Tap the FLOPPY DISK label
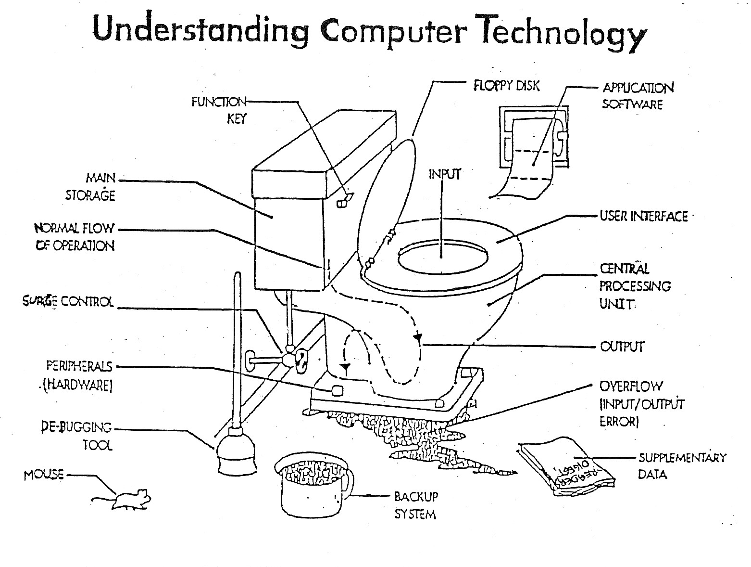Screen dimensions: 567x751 pos(506,86)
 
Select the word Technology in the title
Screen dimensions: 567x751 pos(565,33)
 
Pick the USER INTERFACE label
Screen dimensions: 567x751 pos(644,217)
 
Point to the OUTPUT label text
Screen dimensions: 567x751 pos(622,347)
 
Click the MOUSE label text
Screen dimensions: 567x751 pos(44,475)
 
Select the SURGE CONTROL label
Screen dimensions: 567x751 pos(68,302)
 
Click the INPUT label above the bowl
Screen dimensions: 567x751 pos(444,174)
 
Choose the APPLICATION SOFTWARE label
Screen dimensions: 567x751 pos(637,96)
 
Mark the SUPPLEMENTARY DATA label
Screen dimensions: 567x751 pos(681,465)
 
